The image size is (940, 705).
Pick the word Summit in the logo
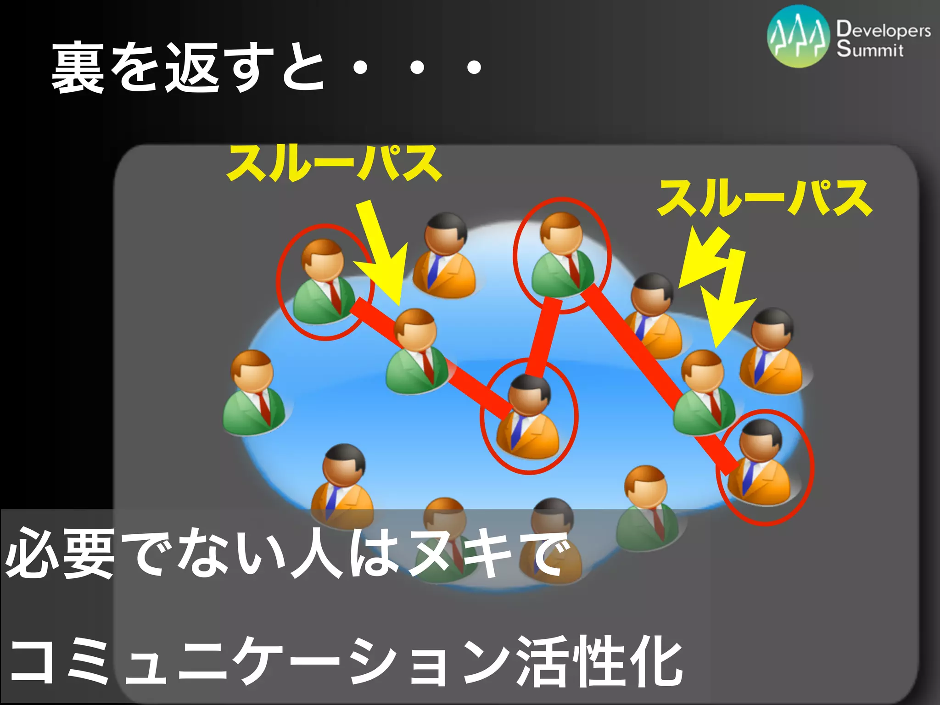coord(869,49)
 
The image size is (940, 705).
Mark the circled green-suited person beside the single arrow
coord(324,282)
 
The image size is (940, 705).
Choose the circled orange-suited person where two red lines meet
coord(528,418)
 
